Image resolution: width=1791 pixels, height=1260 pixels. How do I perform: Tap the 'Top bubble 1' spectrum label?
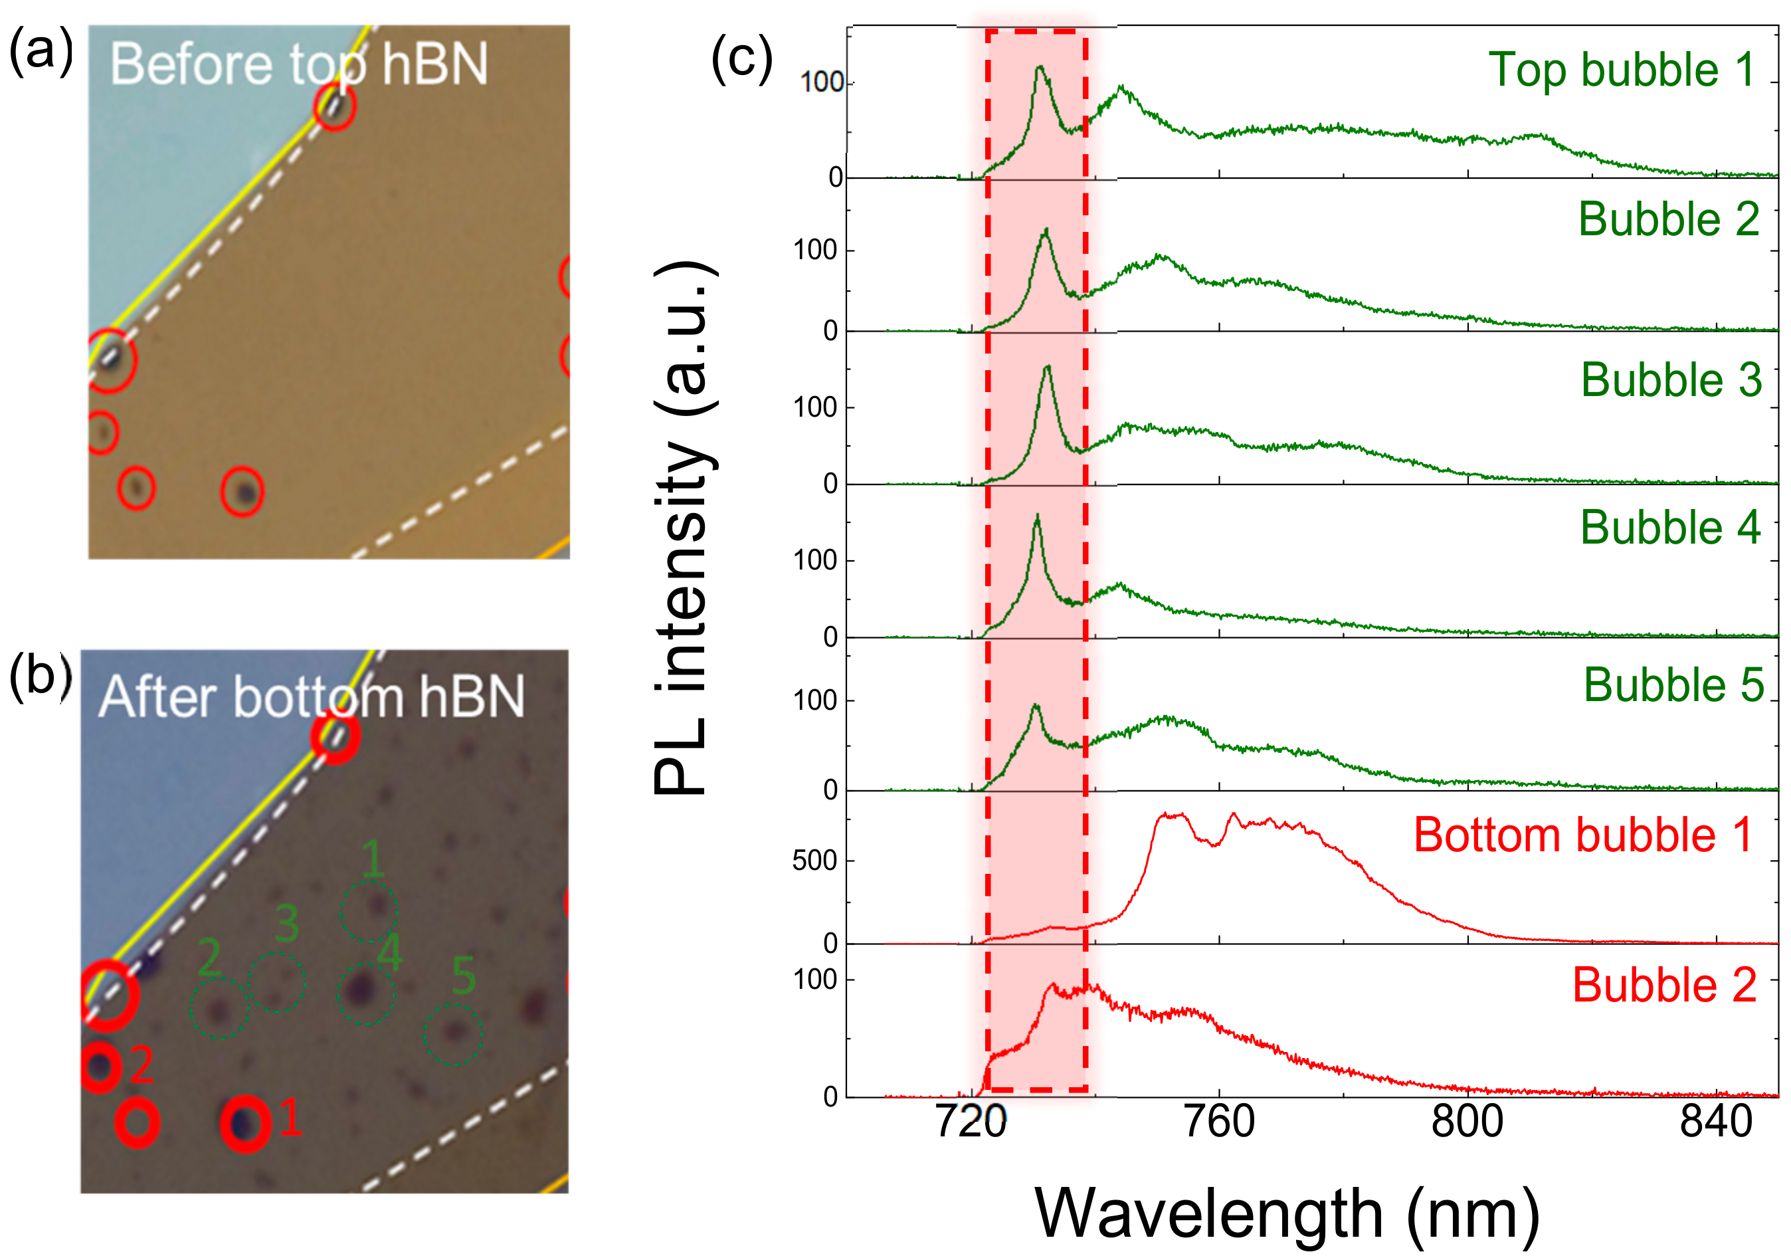[x=1622, y=70]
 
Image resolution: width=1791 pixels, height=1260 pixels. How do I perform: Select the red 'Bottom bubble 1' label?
[x=1582, y=835]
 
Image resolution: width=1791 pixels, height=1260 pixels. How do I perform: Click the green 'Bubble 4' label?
[x=1670, y=528]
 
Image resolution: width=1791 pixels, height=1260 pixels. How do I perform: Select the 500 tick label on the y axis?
[x=814, y=861]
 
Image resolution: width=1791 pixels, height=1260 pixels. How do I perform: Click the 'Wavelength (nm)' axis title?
[x=1286, y=1214]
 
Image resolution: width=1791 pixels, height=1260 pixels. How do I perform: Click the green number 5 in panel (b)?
[x=463, y=975]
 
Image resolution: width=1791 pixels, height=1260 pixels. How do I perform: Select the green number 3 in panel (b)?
[x=286, y=924]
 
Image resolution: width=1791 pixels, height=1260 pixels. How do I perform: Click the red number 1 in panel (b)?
[x=290, y=1117]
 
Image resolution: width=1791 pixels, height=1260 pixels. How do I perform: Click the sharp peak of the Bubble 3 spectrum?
[x=1047, y=367]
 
